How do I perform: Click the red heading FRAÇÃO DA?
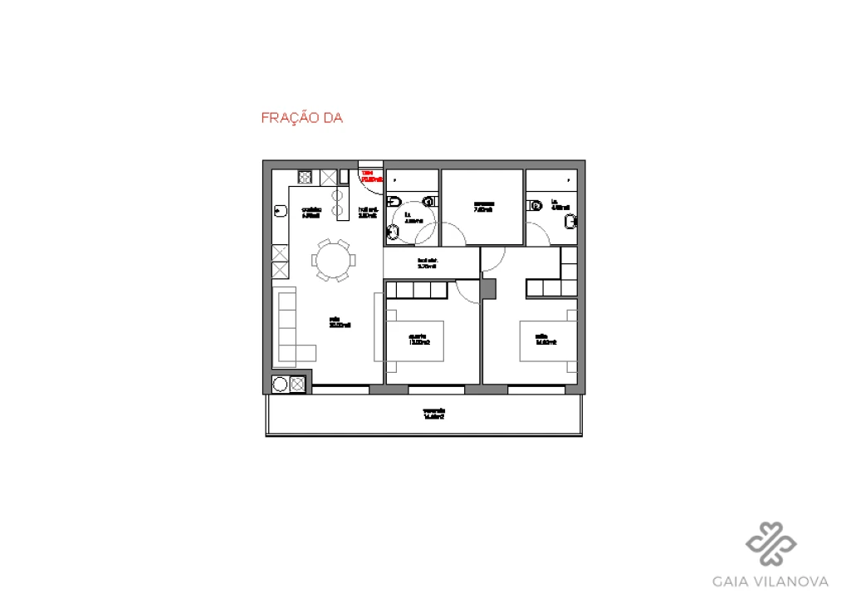[302, 119]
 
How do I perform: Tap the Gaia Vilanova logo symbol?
[770, 545]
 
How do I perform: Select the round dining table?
[333, 261]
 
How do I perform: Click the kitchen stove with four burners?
[305, 177]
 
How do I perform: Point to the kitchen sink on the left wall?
[280, 212]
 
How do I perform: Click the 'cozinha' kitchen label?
[311, 212]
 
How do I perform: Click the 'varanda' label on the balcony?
[434, 414]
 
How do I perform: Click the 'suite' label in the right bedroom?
[545, 339]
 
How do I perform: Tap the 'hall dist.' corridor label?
[427, 264]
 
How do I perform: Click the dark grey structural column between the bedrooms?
[488, 289]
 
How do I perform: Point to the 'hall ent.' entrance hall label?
[369, 212]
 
